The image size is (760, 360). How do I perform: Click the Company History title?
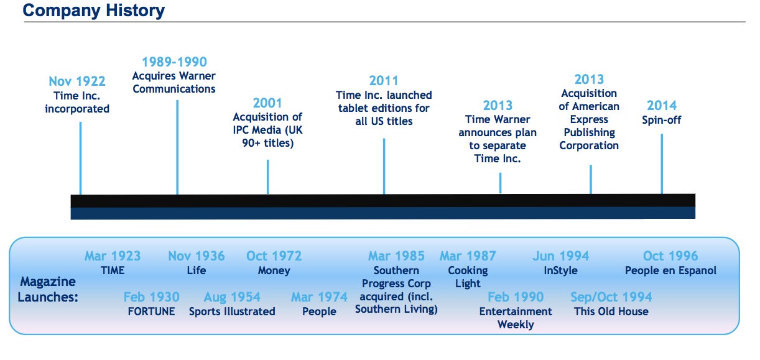point(94,11)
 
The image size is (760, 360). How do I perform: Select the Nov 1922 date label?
point(77,81)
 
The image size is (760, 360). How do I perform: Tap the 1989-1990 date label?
point(174,62)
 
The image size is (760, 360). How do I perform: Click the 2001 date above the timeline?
point(267,103)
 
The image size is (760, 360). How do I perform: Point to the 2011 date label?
point(384,81)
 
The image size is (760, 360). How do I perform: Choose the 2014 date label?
point(662,106)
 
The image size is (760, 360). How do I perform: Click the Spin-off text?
point(662,120)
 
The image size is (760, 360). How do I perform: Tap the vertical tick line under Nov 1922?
point(80,158)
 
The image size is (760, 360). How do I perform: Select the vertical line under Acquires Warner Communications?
point(177,147)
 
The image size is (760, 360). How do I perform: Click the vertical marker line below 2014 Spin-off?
point(662,164)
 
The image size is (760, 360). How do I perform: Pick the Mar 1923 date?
point(113,256)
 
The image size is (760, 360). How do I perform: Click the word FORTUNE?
point(151,312)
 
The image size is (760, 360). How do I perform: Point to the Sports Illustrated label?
point(232,312)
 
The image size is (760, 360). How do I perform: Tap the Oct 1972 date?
point(274,256)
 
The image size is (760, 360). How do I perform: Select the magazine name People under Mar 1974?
point(319,312)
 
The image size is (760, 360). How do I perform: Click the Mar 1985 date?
point(396,256)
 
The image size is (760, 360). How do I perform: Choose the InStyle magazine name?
point(560,270)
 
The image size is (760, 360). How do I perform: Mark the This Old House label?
point(611,312)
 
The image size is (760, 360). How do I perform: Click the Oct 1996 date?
point(670,256)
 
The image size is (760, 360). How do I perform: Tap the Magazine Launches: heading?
point(48,289)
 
